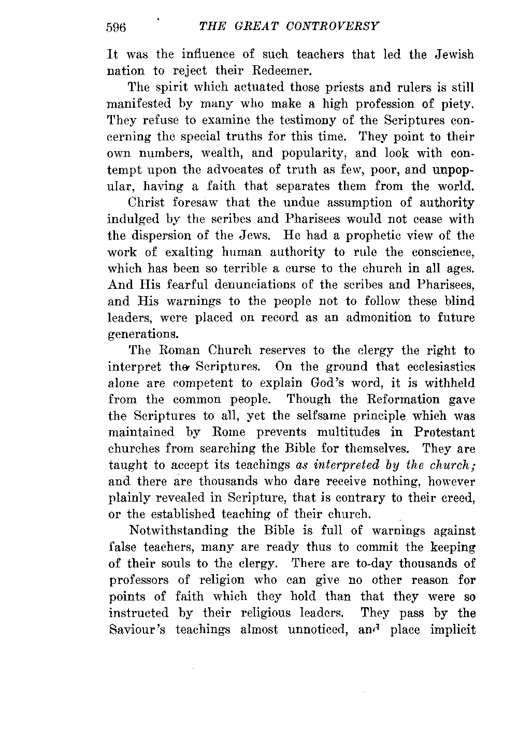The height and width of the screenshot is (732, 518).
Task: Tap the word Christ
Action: click(149, 202)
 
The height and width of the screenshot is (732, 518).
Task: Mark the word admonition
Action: click(372, 317)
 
